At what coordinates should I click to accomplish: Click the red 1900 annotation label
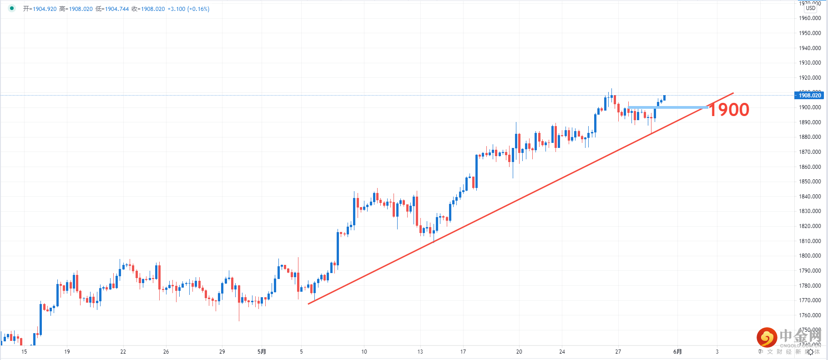729,110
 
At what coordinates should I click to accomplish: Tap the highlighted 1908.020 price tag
810,95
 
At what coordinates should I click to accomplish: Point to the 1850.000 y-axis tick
810,182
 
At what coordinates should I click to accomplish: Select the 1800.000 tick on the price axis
810,256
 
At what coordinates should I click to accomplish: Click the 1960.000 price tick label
810,18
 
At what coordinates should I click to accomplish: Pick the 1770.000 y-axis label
810,300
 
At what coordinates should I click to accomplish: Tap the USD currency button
811,8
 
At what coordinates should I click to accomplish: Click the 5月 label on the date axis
262,352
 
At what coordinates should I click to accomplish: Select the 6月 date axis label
677,352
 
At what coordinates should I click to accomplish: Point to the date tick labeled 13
420,352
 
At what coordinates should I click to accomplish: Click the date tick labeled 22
123,352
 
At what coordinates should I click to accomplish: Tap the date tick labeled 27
618,352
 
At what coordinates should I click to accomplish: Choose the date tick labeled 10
364,352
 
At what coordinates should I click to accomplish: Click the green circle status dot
12,8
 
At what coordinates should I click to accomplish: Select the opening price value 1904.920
45,9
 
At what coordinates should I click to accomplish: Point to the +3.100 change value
176,9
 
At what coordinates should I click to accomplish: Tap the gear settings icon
810,352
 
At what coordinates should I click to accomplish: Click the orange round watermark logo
767,337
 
